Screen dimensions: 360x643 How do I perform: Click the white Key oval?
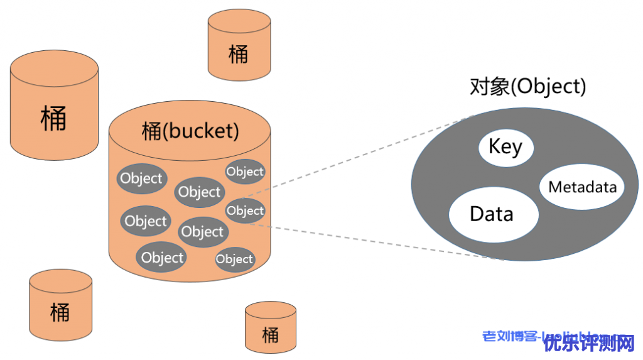click(x=505, y=148)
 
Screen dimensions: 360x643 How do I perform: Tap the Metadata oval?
click(x=582, y=187)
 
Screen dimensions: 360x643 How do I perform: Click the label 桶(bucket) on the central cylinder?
click(x=190, y=131)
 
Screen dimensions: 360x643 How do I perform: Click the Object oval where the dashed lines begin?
click(x=245, y=211)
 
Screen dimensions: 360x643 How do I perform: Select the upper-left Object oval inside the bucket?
click(x=141, y=178)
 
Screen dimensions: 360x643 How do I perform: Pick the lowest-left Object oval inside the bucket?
click(x=162, y=258)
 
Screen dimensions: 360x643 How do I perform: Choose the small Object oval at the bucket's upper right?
click(x=245, y=172)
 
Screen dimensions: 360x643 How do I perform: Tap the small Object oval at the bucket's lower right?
click(x=234, y=259)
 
